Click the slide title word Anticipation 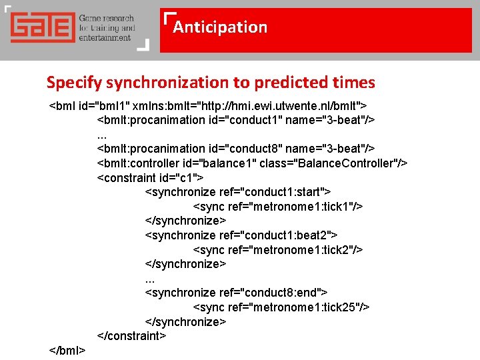220,27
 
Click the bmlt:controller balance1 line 253,163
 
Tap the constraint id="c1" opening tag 151,178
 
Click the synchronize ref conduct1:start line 238,192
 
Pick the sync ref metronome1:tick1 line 278,207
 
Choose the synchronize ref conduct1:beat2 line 241,235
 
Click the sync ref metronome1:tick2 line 278,250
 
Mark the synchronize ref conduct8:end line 236,293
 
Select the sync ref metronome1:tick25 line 281,307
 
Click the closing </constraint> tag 131,336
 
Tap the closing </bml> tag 67,351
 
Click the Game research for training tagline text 107,28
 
